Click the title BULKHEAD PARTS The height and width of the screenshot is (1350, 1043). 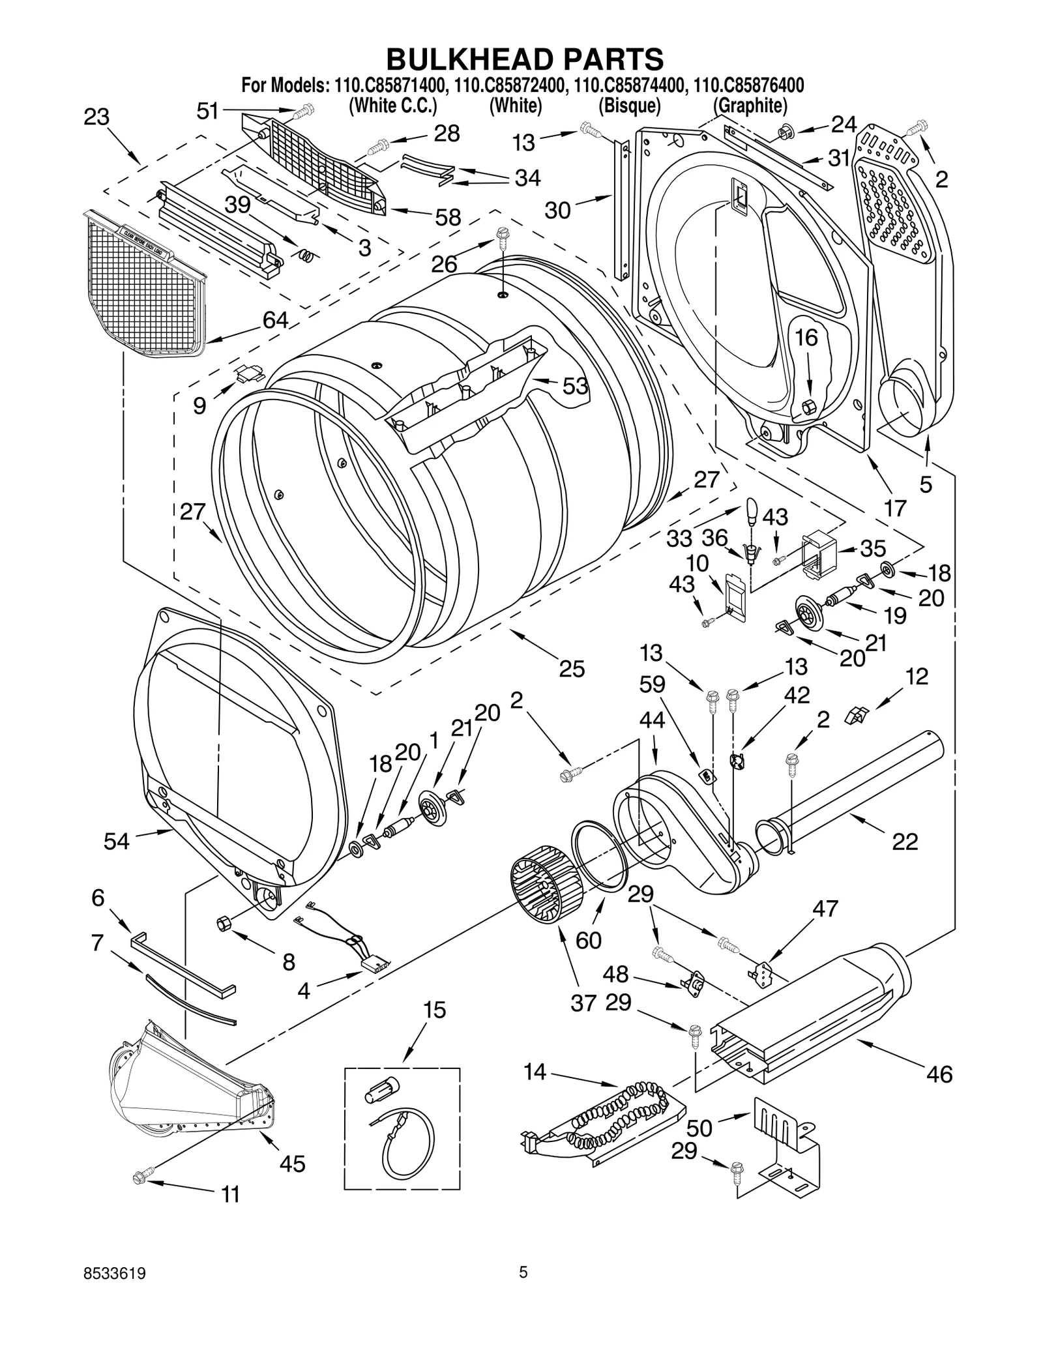[x=525, y=59]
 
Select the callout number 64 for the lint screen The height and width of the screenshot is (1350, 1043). [x=275, y=319]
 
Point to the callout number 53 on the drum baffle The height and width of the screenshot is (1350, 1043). [x=576, y=386]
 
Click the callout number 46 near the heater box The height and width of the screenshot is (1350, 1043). [x=939, y=1074]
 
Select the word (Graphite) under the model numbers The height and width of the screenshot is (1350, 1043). [x=750, y=106]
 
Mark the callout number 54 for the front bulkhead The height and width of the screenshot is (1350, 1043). [x=117, y=842]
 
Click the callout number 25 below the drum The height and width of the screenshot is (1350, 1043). [x=572, y=669]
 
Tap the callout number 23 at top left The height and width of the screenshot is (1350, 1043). [x=96, y=117]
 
